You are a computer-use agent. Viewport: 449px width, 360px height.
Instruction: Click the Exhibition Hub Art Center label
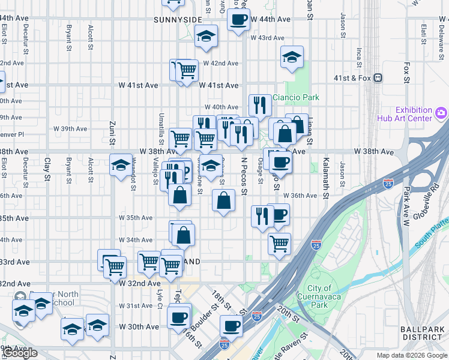(414, 114)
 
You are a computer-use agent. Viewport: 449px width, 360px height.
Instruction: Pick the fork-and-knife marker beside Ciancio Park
(260, 106)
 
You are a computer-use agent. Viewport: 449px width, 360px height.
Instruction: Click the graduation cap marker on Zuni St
(121, 164)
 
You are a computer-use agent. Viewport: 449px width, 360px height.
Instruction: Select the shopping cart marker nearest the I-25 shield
(279, 244)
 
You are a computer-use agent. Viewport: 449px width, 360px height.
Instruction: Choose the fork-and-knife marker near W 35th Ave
(262, 215)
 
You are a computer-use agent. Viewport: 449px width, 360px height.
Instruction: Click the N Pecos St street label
(244, 176)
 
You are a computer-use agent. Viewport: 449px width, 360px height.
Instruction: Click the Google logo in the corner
(19, 353)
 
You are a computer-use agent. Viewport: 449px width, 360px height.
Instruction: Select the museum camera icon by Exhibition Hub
(441, 112)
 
